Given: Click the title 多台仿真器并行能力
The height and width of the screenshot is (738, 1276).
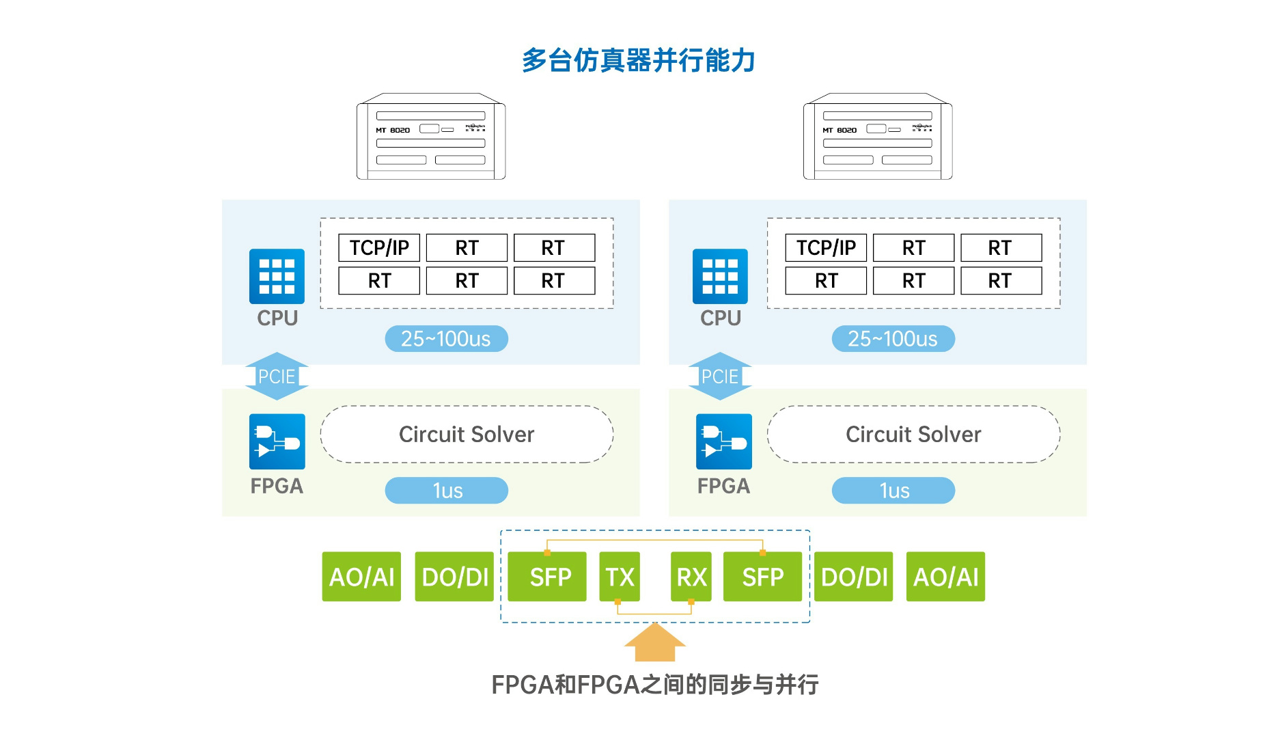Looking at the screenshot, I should point(638,60).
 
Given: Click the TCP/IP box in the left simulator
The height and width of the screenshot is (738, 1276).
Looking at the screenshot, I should point(379,247).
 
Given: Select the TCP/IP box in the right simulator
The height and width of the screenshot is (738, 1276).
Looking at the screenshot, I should point(826,247).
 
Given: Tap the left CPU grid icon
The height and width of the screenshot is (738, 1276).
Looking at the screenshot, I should point(277,276).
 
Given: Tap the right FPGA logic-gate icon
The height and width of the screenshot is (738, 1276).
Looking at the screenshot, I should point(723,441).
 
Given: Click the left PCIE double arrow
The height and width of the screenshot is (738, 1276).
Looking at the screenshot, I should point(277,376).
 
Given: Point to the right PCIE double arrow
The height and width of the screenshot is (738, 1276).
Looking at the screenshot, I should point(720,376).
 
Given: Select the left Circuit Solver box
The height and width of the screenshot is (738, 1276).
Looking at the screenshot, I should point(467,435).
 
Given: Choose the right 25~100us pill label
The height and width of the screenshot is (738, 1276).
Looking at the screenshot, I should point(893,339).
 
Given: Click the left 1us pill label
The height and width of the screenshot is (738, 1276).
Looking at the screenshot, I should point(447,491).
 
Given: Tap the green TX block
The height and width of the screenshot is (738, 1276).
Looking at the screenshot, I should point(620,577).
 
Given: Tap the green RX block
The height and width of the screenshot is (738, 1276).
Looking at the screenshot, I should point(691,577).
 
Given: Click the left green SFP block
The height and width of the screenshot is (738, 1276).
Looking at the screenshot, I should point(547,577).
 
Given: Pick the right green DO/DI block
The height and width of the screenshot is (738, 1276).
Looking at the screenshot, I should point(854,577).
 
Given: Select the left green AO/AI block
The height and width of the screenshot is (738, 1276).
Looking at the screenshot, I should point(361,577).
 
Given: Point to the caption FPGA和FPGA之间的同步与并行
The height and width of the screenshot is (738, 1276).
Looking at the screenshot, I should point(654,684).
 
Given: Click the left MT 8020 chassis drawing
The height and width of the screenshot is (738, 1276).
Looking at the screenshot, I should point(431,137).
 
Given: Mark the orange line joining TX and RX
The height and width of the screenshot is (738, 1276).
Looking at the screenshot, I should point(654,614).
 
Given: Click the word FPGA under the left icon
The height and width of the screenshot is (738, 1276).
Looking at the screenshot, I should point(277,486).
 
